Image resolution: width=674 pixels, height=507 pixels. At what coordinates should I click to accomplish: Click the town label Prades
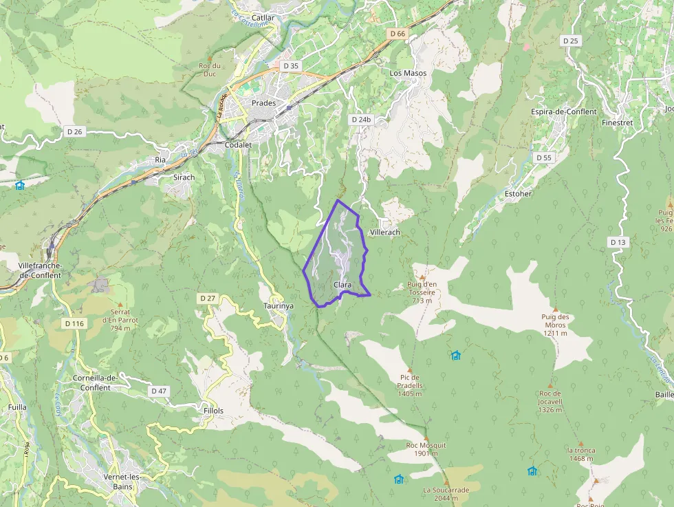coord(263,103)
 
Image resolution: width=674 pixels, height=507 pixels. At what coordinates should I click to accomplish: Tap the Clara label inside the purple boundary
coord(342,285)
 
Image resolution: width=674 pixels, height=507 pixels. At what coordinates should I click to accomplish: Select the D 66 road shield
coord(397,34)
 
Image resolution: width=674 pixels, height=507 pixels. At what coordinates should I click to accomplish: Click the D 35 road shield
coord(291,66)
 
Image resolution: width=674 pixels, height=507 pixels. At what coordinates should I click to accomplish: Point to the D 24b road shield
coord(361,119)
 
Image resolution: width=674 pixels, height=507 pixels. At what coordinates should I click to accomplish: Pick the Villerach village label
coord(384,233)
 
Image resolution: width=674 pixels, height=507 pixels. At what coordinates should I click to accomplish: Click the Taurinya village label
coord(279,305)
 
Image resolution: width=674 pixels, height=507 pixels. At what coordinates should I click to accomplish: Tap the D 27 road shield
coord(207,298)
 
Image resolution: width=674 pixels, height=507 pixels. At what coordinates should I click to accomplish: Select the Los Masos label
coord(408,73)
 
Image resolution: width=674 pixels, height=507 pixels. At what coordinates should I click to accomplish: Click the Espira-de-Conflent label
coord(563,111)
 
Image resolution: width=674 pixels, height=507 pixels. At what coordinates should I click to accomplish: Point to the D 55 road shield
coord(543,158)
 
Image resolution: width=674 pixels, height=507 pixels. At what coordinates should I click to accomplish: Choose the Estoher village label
coord(518,194)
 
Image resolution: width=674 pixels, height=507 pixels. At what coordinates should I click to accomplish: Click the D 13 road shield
coord(618,242)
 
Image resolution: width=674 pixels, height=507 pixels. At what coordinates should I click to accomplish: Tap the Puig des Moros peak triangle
coord(555,309)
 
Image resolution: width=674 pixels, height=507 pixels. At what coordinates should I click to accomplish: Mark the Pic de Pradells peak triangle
coord(410,369)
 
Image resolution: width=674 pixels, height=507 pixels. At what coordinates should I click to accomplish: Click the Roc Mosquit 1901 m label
coord(426,449)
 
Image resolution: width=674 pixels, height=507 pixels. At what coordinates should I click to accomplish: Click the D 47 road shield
coord(159,391)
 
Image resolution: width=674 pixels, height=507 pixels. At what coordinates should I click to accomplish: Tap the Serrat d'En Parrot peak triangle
coord(120,304)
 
